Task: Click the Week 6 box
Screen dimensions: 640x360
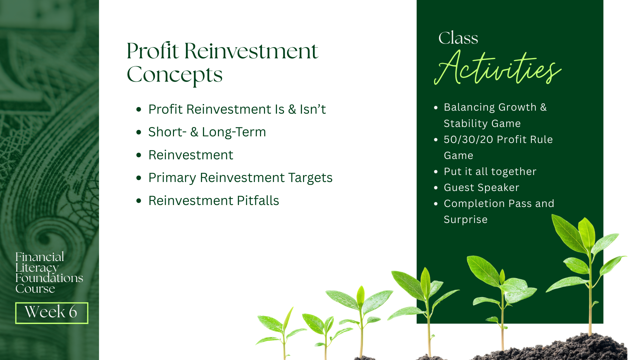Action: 52,313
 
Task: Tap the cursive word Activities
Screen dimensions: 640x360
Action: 497,68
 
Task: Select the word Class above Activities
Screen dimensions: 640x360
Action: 458,38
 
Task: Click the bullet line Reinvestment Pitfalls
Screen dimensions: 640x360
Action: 214,201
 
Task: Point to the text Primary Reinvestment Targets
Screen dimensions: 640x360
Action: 240,178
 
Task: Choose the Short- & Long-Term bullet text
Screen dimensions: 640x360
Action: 207,132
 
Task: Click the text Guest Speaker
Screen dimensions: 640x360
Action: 481,188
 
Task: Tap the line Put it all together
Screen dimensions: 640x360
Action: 490,172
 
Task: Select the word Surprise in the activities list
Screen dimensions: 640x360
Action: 466,220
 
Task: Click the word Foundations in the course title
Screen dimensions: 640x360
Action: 49,278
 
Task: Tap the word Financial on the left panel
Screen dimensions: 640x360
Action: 40,257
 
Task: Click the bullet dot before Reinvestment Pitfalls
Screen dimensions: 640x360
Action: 139,201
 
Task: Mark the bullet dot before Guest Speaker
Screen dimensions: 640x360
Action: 436,188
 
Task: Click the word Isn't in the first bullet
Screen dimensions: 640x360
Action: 313,109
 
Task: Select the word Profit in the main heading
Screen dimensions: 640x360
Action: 153,51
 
